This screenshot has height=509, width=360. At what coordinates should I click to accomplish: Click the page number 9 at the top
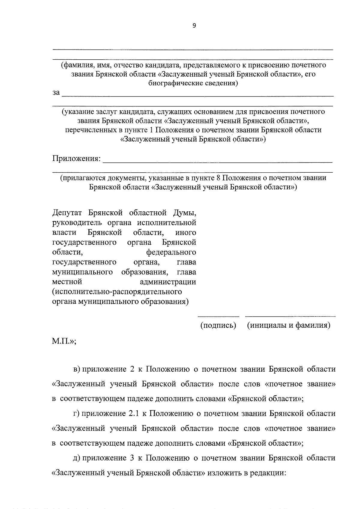(194, 26)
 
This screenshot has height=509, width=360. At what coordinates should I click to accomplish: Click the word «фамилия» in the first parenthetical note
(75, 65)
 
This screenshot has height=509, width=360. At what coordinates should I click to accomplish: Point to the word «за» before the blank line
(56, 93)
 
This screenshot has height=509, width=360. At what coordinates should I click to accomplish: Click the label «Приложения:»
(76, 158)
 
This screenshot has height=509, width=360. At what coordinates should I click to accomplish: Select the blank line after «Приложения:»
(217, 162)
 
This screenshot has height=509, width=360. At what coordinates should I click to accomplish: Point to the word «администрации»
(168, 282)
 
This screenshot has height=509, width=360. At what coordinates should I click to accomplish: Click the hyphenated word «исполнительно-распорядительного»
(117, 292)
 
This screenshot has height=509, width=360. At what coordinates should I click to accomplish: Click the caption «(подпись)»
(218, 325)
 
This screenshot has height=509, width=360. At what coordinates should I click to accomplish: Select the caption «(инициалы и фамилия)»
(289, 325)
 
